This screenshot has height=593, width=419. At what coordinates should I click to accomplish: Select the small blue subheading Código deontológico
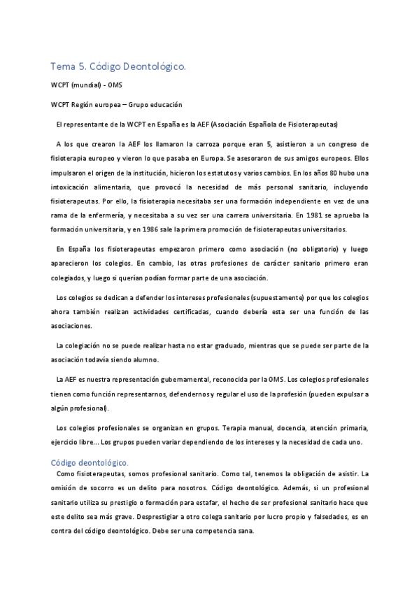[x=88, y=462]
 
